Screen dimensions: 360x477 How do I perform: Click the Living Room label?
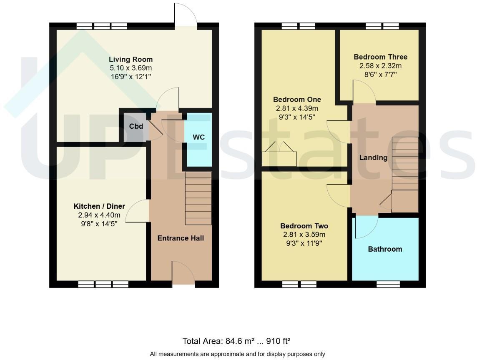point(131,59)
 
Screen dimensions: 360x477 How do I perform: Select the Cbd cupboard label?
point(134,126)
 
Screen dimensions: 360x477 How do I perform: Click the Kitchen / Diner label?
point(99,206)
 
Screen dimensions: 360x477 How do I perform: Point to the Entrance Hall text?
point(181,238)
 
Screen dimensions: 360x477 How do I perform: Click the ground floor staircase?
point(198,198)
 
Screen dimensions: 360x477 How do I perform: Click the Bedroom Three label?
point(380,57)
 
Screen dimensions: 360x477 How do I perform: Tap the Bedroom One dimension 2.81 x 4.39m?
point(297,108)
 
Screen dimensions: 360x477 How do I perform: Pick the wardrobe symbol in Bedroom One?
point(279,155)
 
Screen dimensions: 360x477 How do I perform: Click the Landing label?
point(373,157)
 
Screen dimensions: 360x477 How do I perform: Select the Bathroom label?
point(385,249)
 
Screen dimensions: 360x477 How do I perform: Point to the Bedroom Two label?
point(304,226)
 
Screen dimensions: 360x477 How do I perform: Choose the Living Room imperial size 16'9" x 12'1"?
point(131,77)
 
